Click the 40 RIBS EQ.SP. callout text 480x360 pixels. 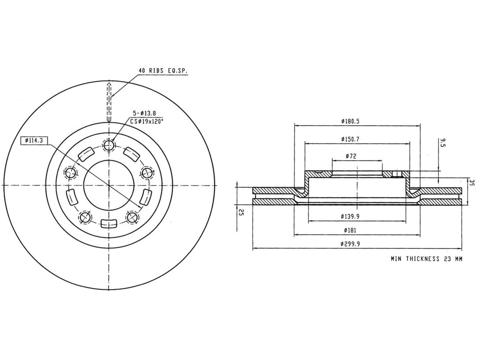coord(163,70)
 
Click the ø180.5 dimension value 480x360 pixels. coord(351,121)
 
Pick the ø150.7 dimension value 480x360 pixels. coord(351,139)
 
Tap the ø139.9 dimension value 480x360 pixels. coord(351,216)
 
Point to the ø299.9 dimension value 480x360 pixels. coord(351,244)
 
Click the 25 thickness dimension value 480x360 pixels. coord(242,213)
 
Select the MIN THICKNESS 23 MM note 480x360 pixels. coord(426,259)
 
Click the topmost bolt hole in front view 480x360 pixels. coord(109,145)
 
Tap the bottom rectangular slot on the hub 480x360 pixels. coord(109,224)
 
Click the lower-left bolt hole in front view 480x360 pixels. coord(85,217)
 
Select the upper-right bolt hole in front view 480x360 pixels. coord(146,173)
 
